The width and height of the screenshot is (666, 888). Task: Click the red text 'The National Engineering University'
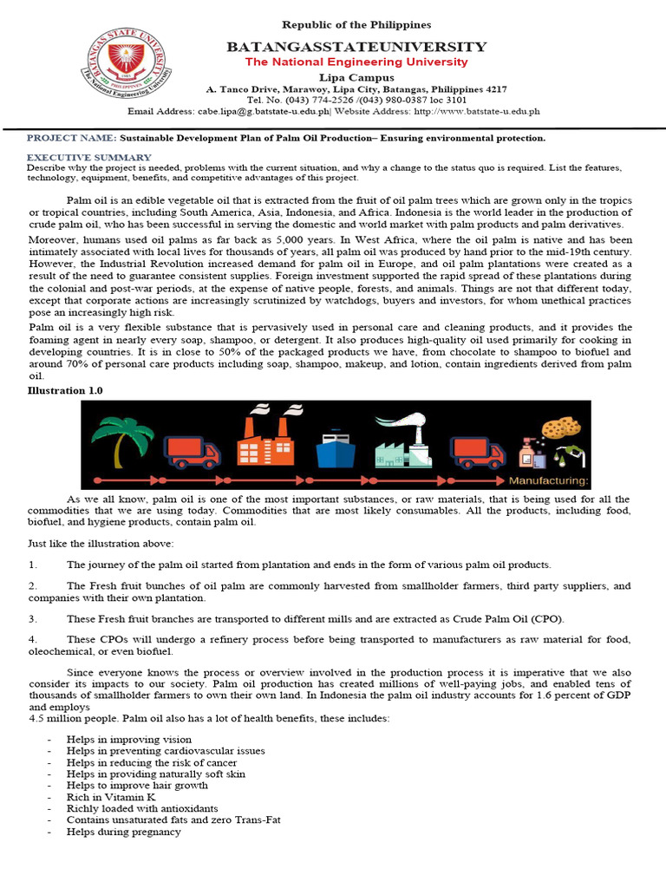(356, 62)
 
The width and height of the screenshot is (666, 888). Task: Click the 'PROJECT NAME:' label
(71, 138)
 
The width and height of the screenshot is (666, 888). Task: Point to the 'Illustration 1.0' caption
(65, 391)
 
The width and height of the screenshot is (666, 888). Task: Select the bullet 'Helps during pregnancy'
(123, 832)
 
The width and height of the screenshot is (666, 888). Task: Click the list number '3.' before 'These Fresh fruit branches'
(32, 618)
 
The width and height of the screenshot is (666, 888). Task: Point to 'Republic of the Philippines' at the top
(356, 25)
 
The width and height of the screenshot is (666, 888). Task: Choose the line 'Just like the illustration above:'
(101, 543)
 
